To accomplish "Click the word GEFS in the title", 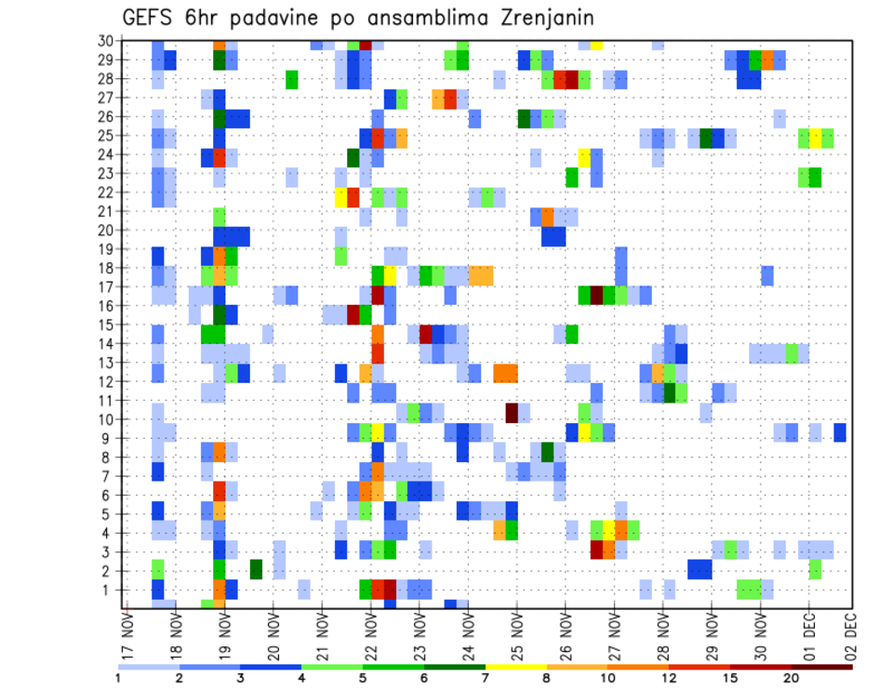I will pyautogui.click(x=151, y=18).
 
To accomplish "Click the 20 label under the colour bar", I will pyautogui.click(x=792, y=678).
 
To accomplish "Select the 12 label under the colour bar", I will pyautogui.click(x=669, y=678).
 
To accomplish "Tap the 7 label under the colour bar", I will pyautogui.click(x=486, y=678).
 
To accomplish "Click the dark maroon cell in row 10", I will pyautogui.click(x=512, y=411).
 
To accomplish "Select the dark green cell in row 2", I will pyautogui.click(x=256, y=568).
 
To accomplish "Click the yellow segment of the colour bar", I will pyautogui.click(x=516, y=666).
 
